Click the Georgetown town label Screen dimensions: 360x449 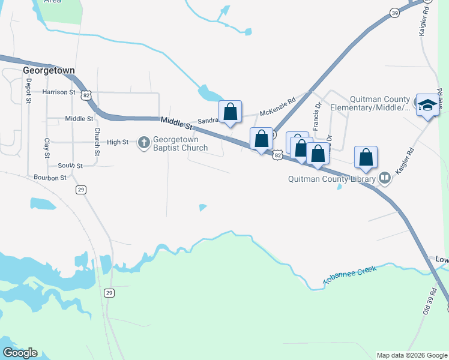pos(49,70)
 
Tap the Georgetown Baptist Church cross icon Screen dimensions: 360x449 pos(144,142)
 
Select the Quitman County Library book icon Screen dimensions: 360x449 pos(384,178)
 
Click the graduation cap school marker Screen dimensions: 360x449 pos(427,106)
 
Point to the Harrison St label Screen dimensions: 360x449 pos(59,92)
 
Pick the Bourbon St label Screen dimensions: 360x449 pos(50,178)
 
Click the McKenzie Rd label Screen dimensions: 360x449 pos(278,107)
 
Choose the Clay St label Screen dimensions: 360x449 pos(47,148)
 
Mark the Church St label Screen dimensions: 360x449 pos(95,139)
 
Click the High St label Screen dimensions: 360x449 pos(118,142)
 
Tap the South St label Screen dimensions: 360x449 pos(70,165)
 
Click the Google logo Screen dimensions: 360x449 pos(20,353)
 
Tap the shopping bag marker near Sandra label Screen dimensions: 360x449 pos(230,112)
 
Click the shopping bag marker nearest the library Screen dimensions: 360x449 pos(366,158)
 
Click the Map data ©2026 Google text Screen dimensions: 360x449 pos(412,355)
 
